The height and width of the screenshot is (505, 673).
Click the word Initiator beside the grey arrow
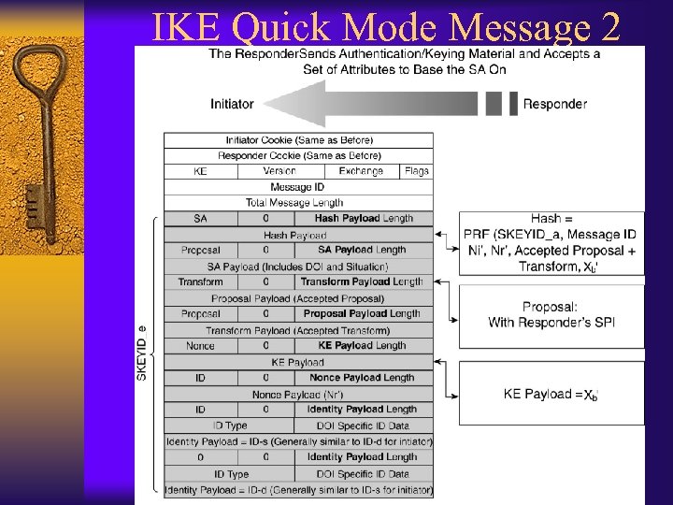pyautogui.click(x=232, y=104)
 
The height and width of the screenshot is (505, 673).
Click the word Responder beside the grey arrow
pyautogui.click(x=555, y=104)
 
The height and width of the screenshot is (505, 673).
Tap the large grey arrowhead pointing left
pyautogui.click(x=281, y=103)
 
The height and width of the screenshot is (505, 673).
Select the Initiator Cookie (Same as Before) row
pyautogui.click(x=299, y=140)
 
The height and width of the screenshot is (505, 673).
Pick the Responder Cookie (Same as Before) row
pyautogui.click(x=299, y=155)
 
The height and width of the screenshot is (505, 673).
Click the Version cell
pyautogui.click(x=279, y=171)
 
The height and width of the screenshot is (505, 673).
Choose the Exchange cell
pyautogui.click(x=361, y=171)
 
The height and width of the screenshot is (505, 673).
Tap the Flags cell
pyautogui.click(x=417, y=171)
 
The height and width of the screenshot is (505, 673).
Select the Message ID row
pyautogui.click(x=299, y=187)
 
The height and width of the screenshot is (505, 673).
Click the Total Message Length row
pyautogui.click(x=299, y=202)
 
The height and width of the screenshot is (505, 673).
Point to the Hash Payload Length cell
pyautogui.click(x=364, y=218)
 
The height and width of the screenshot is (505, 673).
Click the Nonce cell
pyautogui.click(x=200, y=345)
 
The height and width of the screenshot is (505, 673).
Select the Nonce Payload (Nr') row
pyautogui.click(x=299, y=394)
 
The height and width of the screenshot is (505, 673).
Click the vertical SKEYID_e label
pyautogui.click(x=142, y=353)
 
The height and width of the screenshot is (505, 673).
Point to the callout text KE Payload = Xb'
pyautogui.click(x=551, y=395)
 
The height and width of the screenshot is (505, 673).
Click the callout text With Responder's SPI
pyautogui.click(x=551, y=323)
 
